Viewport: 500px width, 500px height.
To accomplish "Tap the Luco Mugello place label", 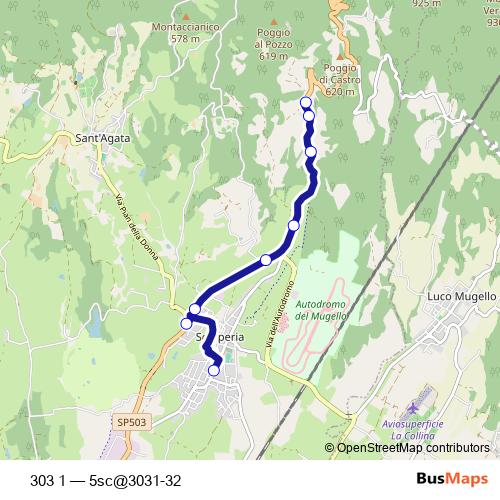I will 461,297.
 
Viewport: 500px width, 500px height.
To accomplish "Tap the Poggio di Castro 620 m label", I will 340,80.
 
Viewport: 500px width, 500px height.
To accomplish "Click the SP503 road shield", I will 130,423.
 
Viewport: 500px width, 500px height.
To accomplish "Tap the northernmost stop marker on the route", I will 306,102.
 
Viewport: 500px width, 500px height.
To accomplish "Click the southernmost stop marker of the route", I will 214,371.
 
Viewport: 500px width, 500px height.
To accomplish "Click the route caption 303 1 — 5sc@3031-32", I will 106,478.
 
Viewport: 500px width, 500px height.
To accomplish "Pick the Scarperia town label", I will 222,338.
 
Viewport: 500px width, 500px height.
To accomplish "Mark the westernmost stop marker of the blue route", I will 186,323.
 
